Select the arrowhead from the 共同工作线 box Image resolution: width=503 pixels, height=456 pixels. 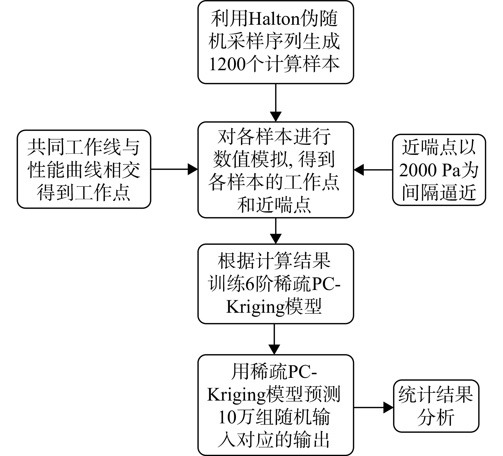click(193, 169)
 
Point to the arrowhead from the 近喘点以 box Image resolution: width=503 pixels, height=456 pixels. click(359, 170)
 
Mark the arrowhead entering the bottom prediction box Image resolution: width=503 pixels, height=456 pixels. click(274, 349)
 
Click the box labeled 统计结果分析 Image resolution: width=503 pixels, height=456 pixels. click(436, 407)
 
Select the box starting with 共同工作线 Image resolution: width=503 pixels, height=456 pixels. click(84, 169)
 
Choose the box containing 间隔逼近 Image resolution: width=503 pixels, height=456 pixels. click(439, 170)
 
